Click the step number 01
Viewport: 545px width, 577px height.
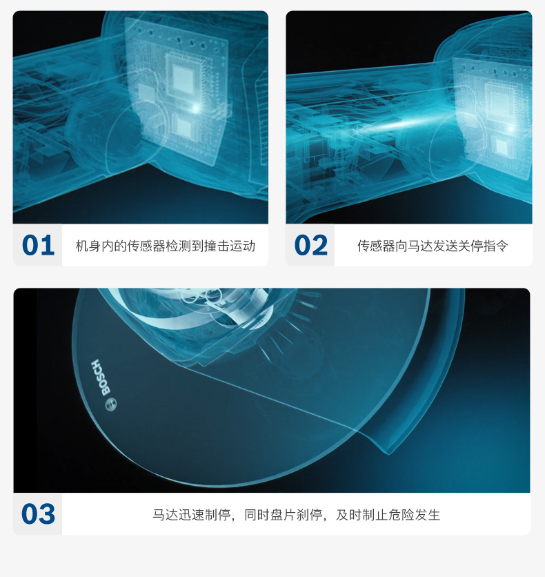pos(38,245)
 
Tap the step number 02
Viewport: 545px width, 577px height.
pos(310,245)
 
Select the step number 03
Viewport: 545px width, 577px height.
pos(38,514)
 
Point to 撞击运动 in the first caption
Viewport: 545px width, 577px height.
pos(230,246)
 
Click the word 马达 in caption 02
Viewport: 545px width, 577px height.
pos(420,246)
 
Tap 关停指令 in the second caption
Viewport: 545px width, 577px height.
pos(483,246)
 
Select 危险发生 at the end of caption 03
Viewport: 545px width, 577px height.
pos(414,514)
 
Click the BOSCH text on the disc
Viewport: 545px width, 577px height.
pos(101,378)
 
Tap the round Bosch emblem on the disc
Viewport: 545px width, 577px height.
pos(110,404)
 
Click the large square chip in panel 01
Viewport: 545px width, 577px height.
pos(183,78)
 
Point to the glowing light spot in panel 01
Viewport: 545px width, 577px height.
pos(197,108)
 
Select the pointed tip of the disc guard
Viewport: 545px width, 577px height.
pos(389,454)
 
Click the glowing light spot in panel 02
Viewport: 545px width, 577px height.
pos(511,128)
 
